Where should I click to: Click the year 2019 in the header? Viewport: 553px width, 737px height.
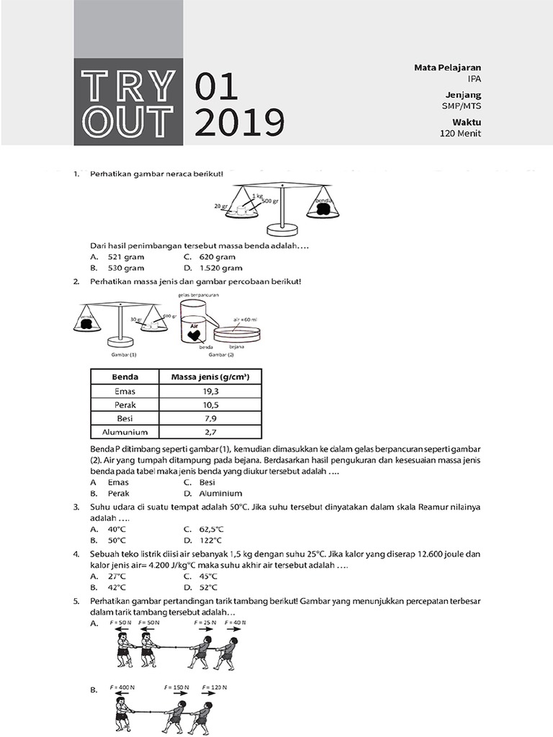tap(239, 122)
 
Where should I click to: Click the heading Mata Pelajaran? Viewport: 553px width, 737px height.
tap(447, 68)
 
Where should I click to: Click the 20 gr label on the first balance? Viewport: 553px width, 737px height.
tap(221, 207)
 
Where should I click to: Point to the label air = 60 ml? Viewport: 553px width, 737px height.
tap(246, 318)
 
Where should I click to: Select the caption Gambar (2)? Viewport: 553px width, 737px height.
tap(221, 355)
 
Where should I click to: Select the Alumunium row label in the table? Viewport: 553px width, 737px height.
tap(125, 432)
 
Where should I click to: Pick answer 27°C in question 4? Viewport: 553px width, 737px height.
tap(117, 576)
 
